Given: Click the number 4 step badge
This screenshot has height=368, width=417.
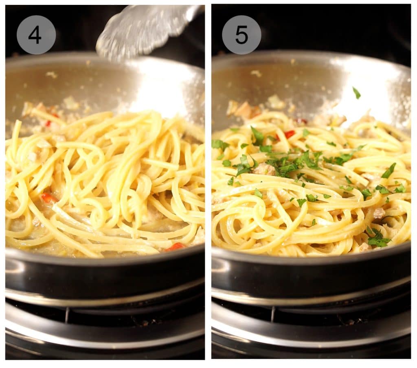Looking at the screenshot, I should pos(36,35).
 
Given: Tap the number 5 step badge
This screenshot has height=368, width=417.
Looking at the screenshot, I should pos(241,35).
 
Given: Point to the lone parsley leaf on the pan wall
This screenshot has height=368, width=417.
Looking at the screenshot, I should pos(356,93).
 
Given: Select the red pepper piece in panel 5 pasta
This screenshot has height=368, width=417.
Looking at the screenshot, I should pos(289,134).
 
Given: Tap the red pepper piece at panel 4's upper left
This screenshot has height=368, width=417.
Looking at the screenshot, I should pos(48,123).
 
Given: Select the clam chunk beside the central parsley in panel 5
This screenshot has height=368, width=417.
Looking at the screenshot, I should pos(264,169).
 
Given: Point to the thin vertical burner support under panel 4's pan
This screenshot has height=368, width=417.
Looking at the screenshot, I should pos(67,315).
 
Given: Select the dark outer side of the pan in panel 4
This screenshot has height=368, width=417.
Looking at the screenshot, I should pos(102,277).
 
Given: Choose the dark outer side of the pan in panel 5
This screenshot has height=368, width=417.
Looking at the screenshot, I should pos(309,277).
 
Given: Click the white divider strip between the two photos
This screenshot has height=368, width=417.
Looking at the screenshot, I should pos(208,183).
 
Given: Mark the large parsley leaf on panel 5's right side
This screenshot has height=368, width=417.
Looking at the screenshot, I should pos(389,170).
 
